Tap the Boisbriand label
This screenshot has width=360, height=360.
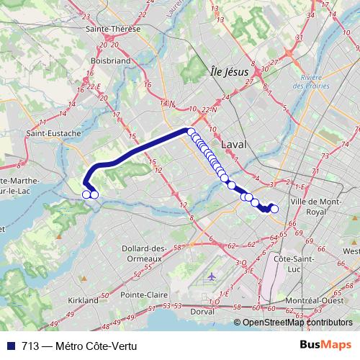coord(110,61)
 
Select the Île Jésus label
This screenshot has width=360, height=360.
coord(229,72)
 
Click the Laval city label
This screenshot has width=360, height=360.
coord(234,144)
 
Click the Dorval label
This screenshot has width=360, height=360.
coord(202,312)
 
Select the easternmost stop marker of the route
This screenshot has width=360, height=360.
coord(274,209)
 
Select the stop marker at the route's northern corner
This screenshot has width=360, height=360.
coord(191,131)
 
